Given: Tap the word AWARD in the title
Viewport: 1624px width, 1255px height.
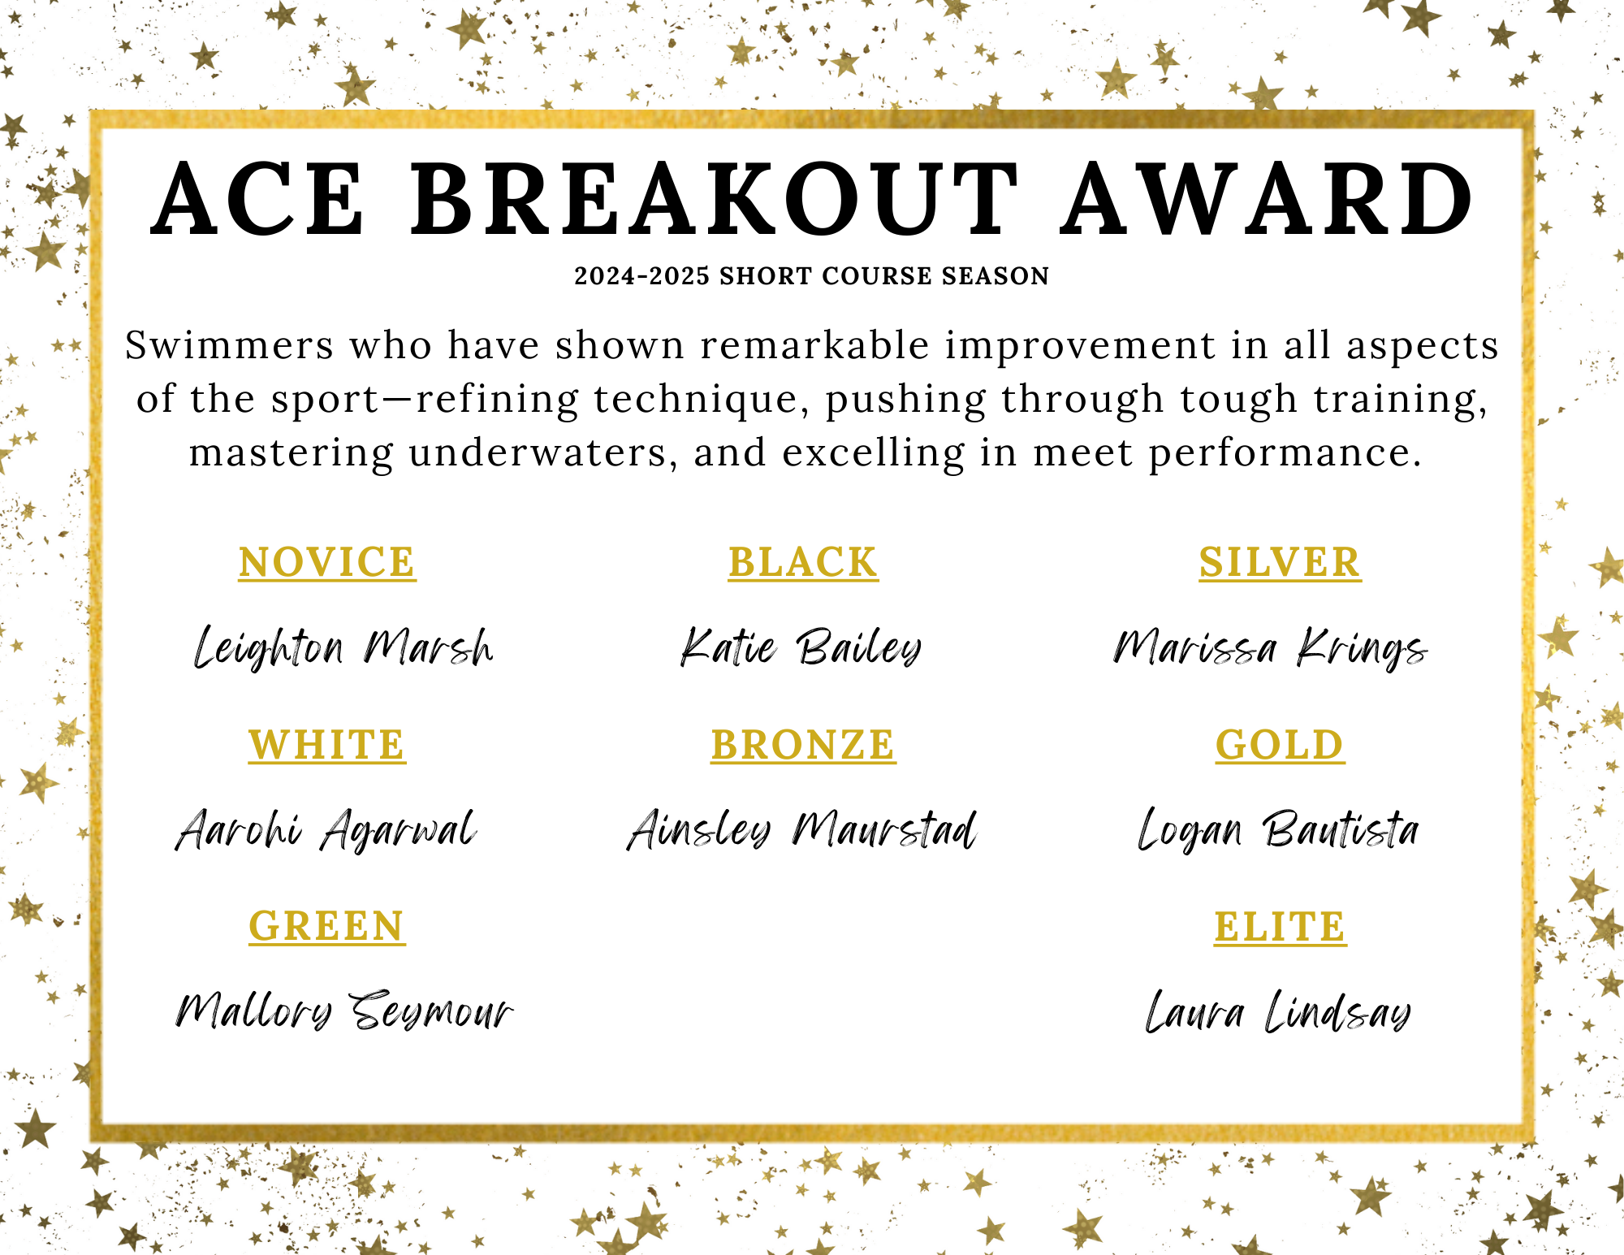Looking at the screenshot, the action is (x=1268, y=200).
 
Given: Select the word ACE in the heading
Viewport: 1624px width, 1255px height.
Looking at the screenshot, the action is (x=258, y=200).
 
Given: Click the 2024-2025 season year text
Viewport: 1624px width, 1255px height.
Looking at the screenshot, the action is (x=642, y=276).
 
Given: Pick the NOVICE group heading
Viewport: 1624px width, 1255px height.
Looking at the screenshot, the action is (x=327, y=562).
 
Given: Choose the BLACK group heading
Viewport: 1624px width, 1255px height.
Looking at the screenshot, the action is (x=803, y=562).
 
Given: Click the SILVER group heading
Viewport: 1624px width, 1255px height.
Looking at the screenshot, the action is (x=1280, y=562).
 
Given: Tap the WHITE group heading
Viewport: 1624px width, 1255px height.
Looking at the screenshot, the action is (x=327, y=744).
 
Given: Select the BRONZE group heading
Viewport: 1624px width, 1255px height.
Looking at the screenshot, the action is (x=803, y=744).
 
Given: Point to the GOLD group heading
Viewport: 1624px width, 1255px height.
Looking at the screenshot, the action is (x=1280, y=744).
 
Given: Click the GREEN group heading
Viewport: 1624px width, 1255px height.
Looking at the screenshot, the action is (x=327, y=926).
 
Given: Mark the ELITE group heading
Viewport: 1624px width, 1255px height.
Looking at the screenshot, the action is (x=1280, y=926).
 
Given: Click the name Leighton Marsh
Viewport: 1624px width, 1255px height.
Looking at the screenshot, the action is (x=343, y=647).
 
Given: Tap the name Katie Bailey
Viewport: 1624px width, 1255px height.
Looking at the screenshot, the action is (x=801, y=647).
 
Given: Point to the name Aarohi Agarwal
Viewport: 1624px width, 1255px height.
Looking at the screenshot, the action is (x=326, y=830).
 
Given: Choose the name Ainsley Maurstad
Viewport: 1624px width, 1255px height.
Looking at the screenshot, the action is (x=802, y=830).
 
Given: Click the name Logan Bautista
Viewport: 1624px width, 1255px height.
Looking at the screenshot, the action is (x=1278, y=830).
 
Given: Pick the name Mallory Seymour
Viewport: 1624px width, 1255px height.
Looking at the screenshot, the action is (x=344, y=1012).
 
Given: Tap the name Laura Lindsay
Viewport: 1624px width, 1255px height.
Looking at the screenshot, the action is (x=1278, y=1012).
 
